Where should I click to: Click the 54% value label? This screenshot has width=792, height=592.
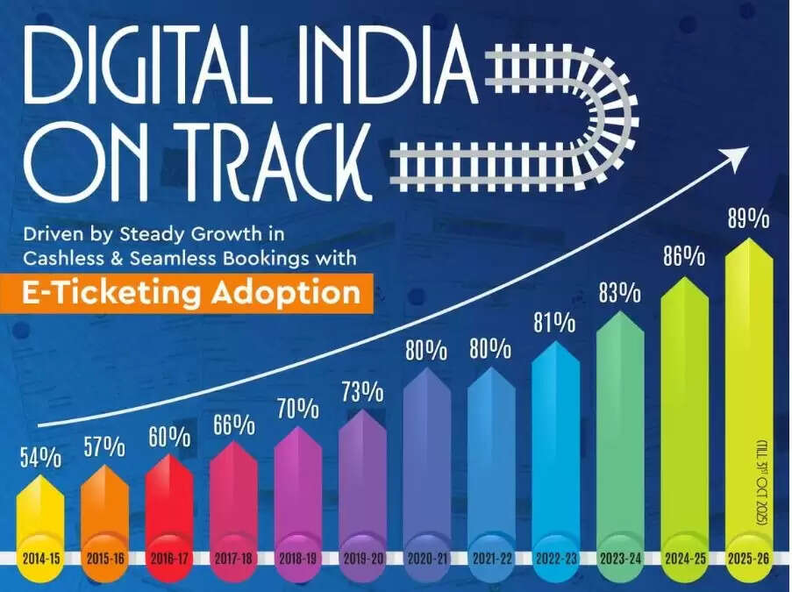pos(39,457)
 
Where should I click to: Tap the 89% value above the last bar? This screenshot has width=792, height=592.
pos(748,218)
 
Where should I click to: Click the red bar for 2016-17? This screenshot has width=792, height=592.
pos(168,500)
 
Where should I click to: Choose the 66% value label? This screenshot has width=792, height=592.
pos(232,426)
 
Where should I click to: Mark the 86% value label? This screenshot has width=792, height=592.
pos(683,258)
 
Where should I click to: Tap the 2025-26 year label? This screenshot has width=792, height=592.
pos(748,558)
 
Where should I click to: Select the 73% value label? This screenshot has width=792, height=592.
pos(361,389)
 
